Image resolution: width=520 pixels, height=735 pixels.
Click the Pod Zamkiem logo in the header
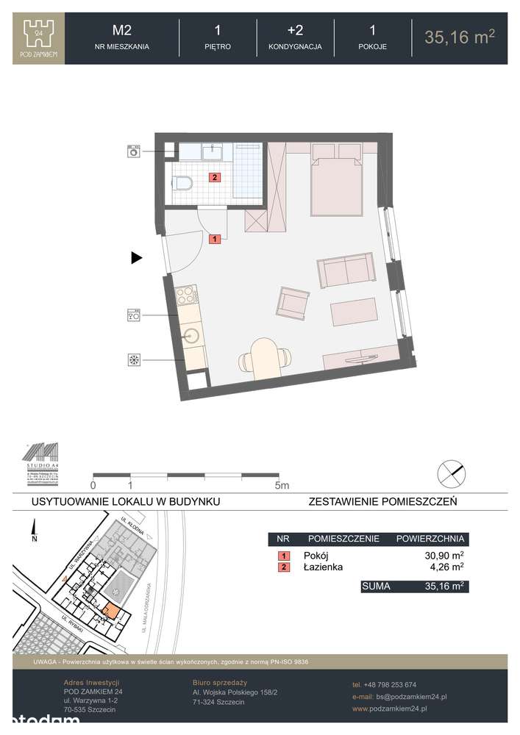tap(39, 39)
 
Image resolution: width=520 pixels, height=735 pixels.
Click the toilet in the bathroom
tap(182, 182)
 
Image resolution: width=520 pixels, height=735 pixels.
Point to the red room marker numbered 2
tap(214, 176)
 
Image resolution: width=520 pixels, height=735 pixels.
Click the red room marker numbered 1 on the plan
tap(214, 238)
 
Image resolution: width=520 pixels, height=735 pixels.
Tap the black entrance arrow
tap(136, 258)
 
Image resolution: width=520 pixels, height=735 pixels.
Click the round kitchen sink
tap(192, 337)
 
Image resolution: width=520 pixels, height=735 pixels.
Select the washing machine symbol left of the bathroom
tap(134, 151)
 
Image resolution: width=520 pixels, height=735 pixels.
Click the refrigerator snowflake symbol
tap(134, 359)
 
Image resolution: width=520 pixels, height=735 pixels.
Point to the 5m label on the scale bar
tap(282, 485)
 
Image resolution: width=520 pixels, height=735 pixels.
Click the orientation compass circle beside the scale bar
tap(451, 473)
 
